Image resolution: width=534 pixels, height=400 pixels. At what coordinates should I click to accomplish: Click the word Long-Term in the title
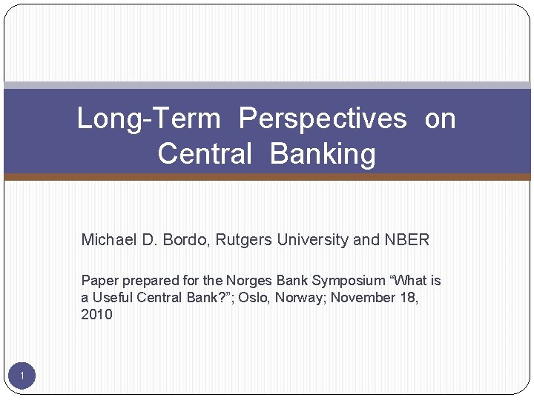148,119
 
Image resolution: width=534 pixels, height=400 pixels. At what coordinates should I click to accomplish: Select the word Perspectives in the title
323,119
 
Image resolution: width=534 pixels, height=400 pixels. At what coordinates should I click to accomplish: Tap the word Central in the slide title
205,154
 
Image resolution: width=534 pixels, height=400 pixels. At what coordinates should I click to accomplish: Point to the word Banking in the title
323,154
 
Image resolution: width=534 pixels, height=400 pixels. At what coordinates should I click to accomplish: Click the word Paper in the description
98,281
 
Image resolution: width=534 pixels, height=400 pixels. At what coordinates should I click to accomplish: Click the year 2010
96,315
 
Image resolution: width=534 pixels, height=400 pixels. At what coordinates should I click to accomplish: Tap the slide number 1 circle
22,377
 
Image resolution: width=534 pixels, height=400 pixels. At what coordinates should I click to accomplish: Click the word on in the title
440,119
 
